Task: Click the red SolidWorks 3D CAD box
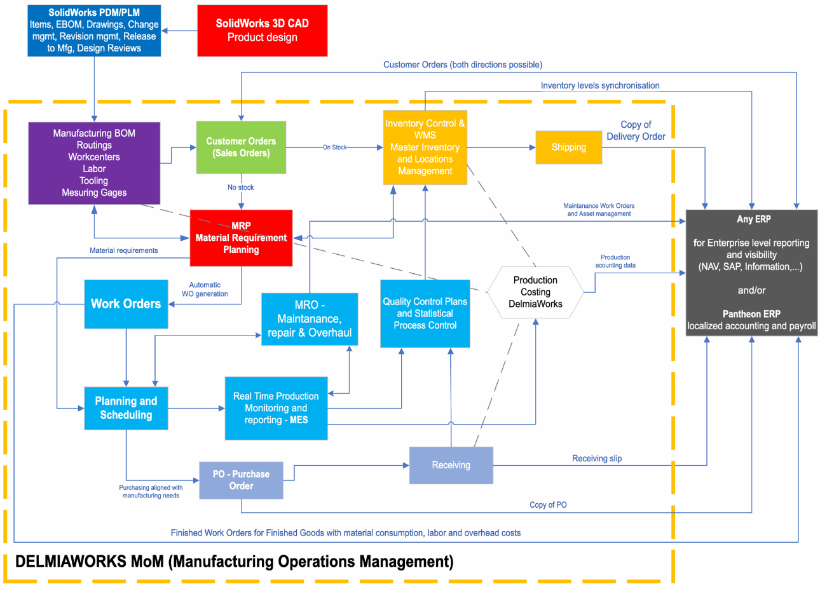[x=262, y=30]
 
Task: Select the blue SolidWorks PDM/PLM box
[x=94, y=30]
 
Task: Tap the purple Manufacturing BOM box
[x=94, y=163]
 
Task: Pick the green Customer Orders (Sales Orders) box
[x=241, y=147]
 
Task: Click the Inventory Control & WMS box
[x=425, y=147]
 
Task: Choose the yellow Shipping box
[x=568, y=147]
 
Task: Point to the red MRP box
[x=241, y=238]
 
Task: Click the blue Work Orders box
[x=126, y=304]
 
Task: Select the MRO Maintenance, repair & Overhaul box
[x=310, y=319]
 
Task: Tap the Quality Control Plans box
[x=425, y=313]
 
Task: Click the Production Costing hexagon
[x=535, y=292]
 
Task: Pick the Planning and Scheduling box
[x=126, y=408]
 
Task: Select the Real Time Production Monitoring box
[x=276, y=408]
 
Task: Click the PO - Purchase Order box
[x=241, y=480]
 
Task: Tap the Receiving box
[x=451, y=465]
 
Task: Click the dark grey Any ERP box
[x=751, y=273]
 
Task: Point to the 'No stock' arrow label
[x=241, y=187]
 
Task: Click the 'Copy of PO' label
[x=548, y=504]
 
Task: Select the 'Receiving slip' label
[x=597, y=458]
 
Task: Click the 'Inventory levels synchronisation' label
[x=600, y=85]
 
